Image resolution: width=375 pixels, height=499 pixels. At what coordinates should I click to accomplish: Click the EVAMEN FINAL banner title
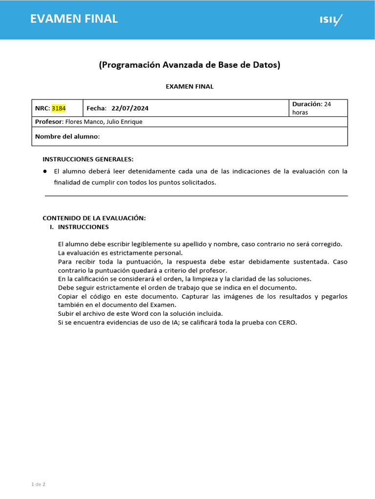[74, 19]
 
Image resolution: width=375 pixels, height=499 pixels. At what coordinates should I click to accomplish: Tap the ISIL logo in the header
[331, 20]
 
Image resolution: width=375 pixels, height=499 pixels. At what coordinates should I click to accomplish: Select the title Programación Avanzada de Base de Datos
[189, 65]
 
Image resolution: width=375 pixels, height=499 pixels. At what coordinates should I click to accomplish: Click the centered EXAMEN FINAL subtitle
[189, 87]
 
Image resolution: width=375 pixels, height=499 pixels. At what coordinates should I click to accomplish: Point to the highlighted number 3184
[59, 108]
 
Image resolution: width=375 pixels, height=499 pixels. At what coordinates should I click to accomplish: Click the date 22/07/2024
[130, 108]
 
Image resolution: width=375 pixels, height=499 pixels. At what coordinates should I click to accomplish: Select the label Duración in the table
[307, 104]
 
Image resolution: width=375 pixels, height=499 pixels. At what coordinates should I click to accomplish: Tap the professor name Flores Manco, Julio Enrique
[104, 122]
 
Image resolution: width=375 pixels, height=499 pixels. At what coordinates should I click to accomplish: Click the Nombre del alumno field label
[66, 136]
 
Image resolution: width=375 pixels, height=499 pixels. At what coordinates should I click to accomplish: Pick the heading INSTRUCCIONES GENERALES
[88, 159]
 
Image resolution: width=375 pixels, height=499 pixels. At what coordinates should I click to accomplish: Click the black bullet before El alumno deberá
[44, 171]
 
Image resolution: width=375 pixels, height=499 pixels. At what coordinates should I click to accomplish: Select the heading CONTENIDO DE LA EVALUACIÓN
[94, 218]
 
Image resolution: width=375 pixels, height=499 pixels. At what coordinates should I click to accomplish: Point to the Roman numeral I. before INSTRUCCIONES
[52, 227]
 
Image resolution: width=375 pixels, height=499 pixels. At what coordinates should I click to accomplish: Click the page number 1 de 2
[38, 484]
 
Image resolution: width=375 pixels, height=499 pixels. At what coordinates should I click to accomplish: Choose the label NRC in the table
[42, 108]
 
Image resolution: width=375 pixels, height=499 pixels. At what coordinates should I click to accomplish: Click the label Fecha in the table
[96, 108]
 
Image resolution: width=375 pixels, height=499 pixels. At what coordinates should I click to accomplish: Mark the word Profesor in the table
[49, 122]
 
